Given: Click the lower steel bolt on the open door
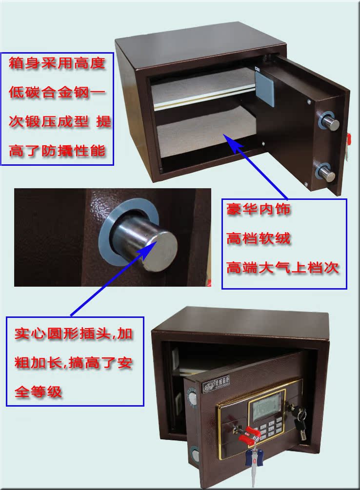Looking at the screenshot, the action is [x=328, y=174].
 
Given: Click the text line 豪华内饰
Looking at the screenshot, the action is [x=259, y=209].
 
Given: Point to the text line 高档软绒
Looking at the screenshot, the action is [x=259, y=238].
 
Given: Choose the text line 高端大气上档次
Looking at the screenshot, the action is [x=283, y=268].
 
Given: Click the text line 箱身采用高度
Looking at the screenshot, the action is [x=57, y=63].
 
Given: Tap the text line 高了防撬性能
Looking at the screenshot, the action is [x=57, y=151].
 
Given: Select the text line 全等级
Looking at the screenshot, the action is [x=38, y=392].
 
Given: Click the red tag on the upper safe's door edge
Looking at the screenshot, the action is [x=348, y=137].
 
